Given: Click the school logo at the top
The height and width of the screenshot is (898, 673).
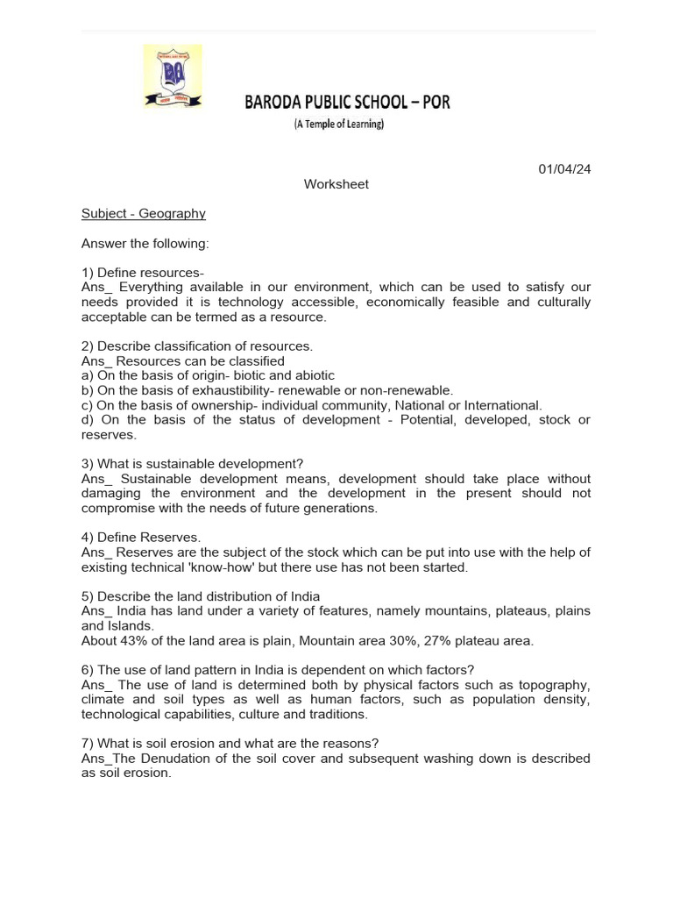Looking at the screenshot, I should click(173, 77).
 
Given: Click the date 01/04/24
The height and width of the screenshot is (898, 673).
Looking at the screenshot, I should click(564, 169).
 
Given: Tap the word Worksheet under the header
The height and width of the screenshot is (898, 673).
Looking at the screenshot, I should click(336, 184).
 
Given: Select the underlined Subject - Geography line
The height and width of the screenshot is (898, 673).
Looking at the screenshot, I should click(144, 213).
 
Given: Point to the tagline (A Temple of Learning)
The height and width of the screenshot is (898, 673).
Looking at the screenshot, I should click(338, 125).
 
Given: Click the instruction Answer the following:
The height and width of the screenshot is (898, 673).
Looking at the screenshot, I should click(145, 243).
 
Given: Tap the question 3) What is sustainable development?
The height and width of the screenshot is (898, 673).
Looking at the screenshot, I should click(192, 464).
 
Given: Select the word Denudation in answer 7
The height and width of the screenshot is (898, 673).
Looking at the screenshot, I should click(195, 759).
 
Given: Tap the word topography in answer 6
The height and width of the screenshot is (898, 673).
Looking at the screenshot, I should click(558, 685).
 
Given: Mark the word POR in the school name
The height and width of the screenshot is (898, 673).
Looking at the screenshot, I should click(434, 103).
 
